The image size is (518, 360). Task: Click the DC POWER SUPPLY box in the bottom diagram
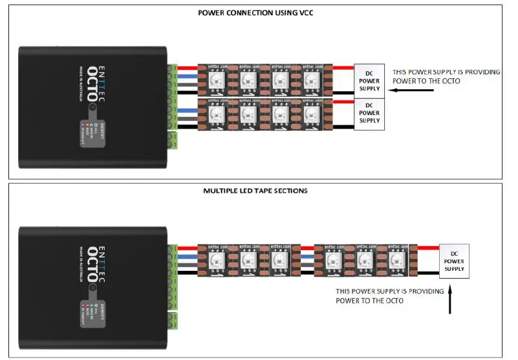tap(455, 260)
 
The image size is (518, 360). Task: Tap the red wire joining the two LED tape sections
tap(307, 247)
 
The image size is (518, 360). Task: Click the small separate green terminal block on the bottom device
tap(172, 319)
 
